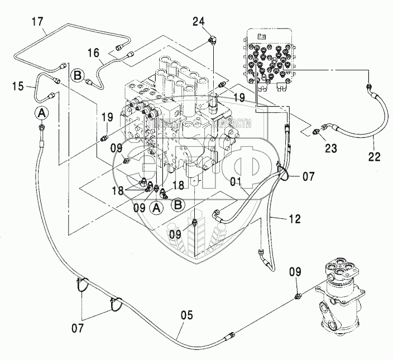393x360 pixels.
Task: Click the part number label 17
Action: point(37,23)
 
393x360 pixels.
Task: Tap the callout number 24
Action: point(199,22)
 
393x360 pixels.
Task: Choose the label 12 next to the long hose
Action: point(295,219)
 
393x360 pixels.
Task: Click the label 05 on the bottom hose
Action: point(186,315)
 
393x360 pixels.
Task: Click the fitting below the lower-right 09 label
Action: point(299,294)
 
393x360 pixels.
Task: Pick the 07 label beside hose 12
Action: point(308,177)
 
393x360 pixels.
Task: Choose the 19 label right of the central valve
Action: point(239,98)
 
